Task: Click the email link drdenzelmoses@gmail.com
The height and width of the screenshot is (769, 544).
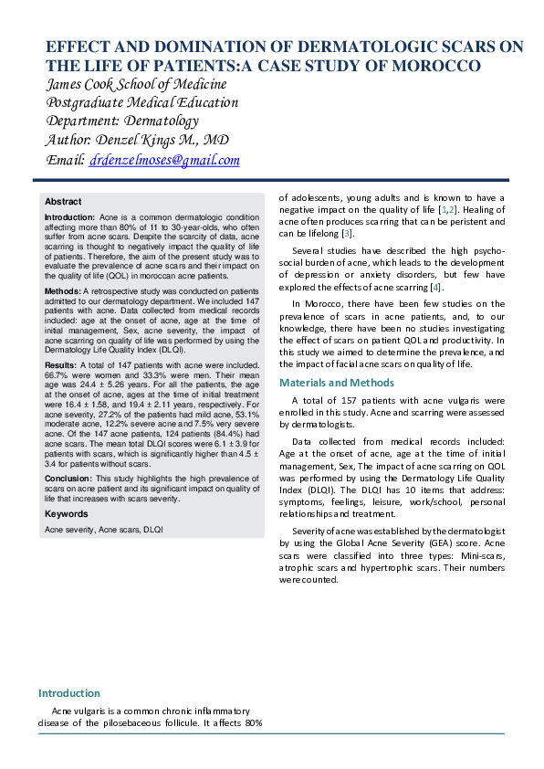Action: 164,161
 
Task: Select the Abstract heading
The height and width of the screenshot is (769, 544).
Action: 63,201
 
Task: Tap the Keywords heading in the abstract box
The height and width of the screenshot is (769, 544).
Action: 67,514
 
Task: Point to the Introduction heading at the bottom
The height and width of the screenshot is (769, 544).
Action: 68,693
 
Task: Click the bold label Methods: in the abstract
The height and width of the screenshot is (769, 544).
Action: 63,290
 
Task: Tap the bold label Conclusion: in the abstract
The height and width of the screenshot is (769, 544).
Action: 68,477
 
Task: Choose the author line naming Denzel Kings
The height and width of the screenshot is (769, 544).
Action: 136,141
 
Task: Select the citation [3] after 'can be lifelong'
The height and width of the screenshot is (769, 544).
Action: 348,234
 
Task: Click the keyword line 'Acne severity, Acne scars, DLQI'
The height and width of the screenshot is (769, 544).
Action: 104,529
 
